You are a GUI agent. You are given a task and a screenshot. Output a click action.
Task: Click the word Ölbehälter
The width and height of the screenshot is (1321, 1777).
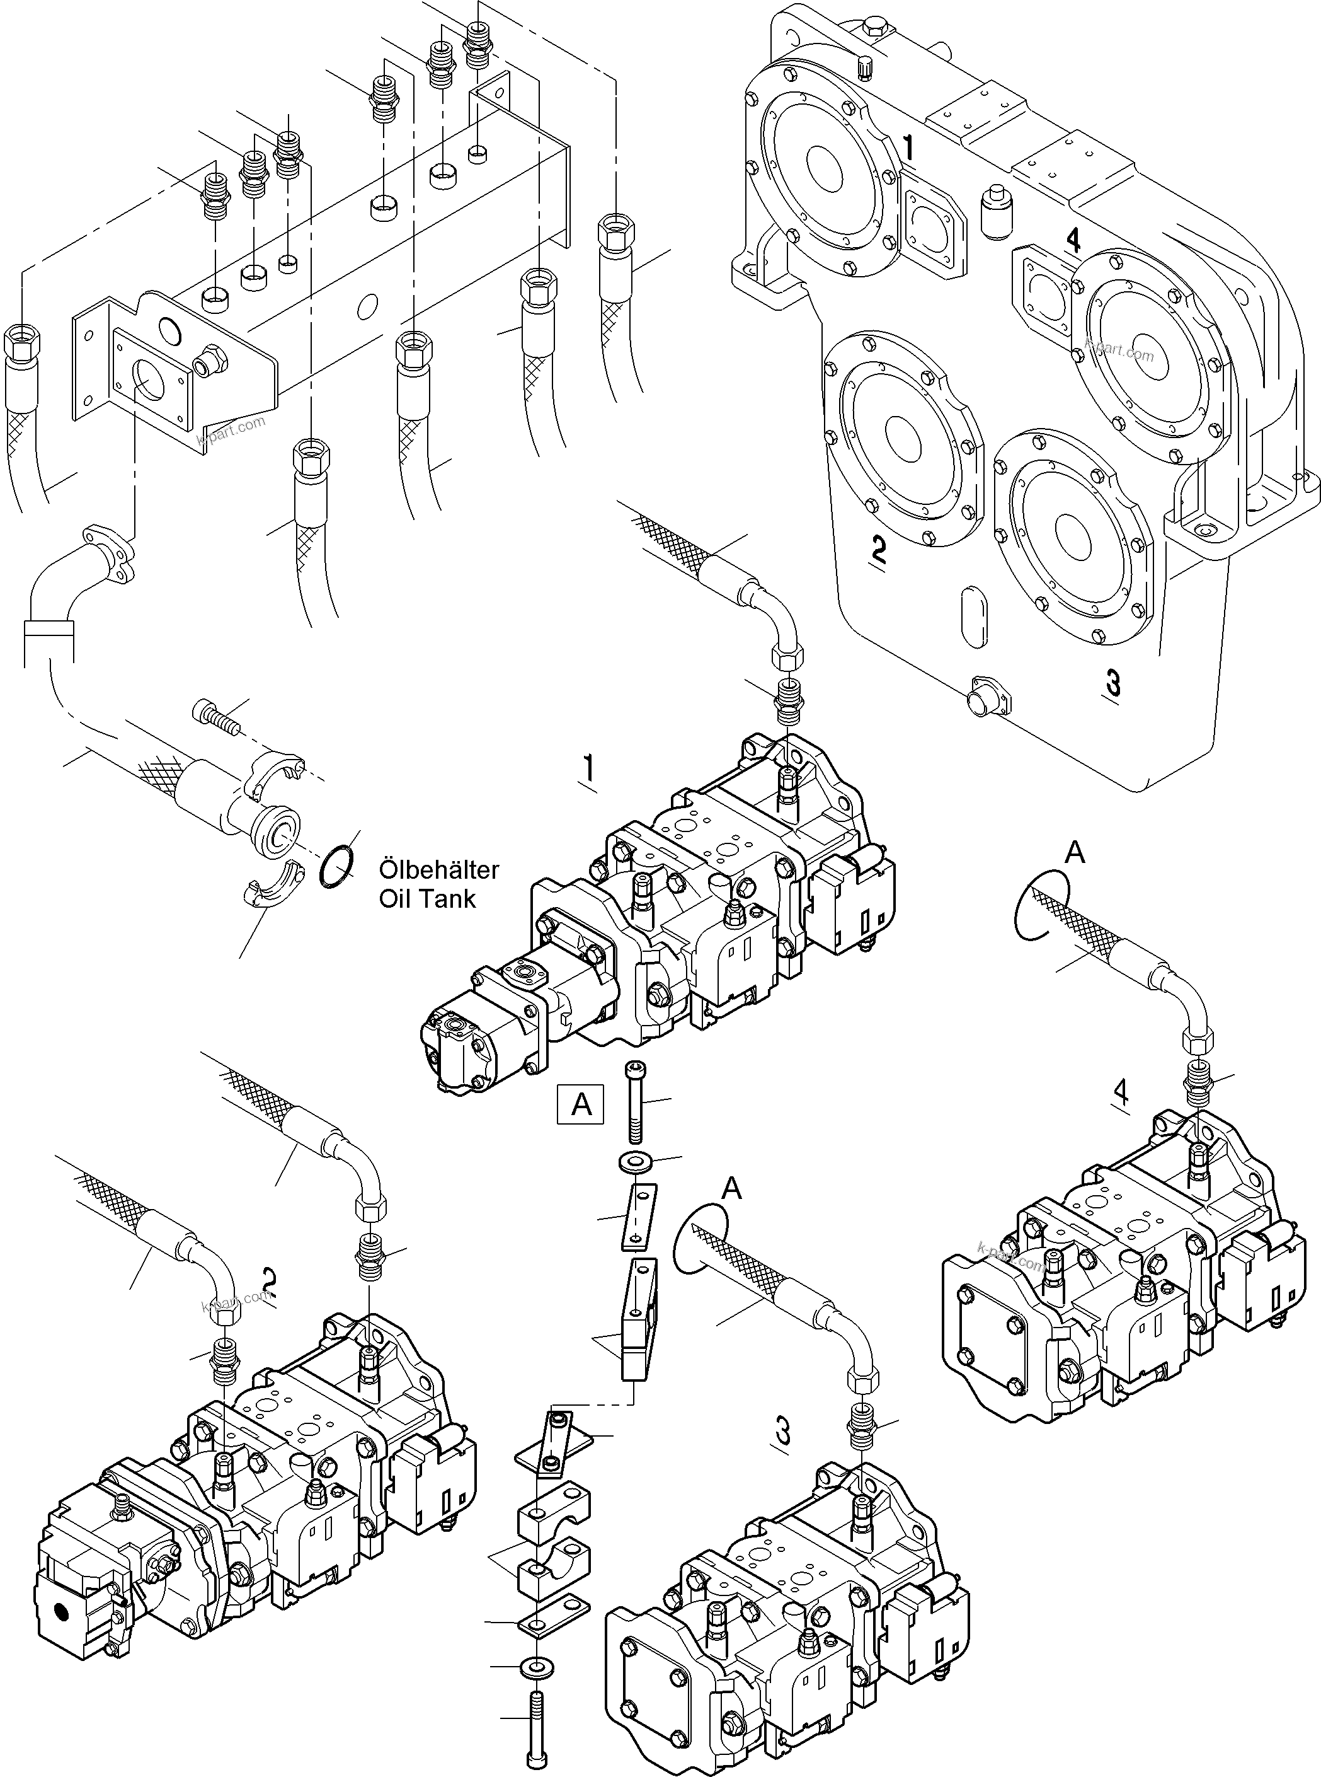click(x=438, y=870)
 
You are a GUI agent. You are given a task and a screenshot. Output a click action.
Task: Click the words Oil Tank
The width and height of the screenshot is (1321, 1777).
click(x=427, y=898)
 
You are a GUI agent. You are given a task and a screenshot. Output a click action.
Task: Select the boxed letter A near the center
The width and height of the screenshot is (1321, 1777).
click(x=581, y=1104)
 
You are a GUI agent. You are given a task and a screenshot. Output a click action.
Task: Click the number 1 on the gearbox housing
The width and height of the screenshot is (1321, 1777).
click(x=908, y=148)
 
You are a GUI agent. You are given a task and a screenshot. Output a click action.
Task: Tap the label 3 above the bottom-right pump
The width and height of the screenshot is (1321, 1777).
click(x=783, y=1430)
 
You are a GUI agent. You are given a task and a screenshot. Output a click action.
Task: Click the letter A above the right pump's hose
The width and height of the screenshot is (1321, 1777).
click(x=1075, y=854)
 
